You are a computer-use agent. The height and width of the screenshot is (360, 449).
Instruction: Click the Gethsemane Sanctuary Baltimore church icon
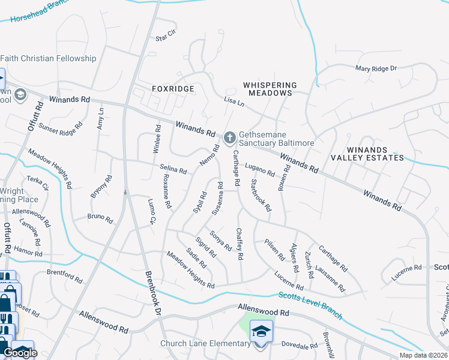229,139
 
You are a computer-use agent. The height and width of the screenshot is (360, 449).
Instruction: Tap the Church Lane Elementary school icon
261,331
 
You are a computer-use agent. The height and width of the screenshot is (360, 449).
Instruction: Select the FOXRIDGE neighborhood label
173,89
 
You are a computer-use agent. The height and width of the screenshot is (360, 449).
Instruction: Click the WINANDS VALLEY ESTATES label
367,153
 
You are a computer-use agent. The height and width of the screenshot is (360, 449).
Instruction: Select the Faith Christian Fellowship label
48,58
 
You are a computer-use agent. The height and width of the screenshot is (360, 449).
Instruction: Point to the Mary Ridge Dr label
376,69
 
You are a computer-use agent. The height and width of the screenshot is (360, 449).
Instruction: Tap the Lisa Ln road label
234,103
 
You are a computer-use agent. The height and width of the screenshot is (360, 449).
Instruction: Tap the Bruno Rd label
100,218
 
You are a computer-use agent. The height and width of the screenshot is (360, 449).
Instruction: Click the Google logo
20,352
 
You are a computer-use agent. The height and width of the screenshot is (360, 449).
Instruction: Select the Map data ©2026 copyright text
423,355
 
